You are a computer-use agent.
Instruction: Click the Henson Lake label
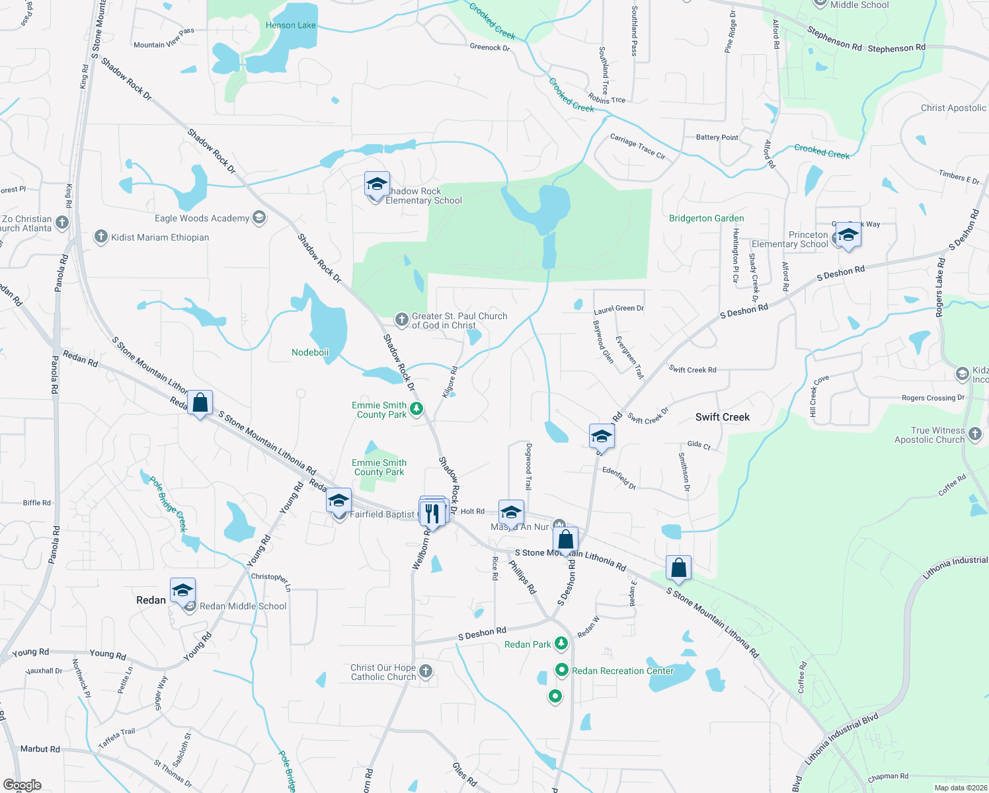click(290, 25)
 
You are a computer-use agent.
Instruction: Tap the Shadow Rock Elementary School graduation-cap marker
click(377, 185)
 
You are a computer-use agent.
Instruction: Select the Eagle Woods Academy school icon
click(259, 218)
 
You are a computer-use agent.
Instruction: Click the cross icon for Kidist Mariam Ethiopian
click(100, 237)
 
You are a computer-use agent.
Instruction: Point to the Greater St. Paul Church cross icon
click(401, 320)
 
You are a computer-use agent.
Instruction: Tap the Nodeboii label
click(310, 352)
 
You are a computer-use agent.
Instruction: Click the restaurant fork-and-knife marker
click(432, 513)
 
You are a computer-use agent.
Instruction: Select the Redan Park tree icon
click(561, 643)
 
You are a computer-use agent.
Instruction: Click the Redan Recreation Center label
click(623, 671)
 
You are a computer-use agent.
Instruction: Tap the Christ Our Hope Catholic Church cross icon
click(426, 671)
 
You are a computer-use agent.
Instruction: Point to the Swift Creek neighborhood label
click(723, 417)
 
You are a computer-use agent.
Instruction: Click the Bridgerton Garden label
click(706, 218)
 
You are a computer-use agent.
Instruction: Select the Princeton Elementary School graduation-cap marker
click(848, 235)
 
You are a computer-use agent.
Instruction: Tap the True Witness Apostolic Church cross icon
click(975, 434)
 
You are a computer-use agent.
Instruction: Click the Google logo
click(22, 785)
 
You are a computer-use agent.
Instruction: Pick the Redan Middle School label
click(243, 606)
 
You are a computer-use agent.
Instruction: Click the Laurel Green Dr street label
click(618, 309)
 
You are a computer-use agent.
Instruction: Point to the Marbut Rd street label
click(40, 749)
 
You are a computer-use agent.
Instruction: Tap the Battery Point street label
click(717, 137)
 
